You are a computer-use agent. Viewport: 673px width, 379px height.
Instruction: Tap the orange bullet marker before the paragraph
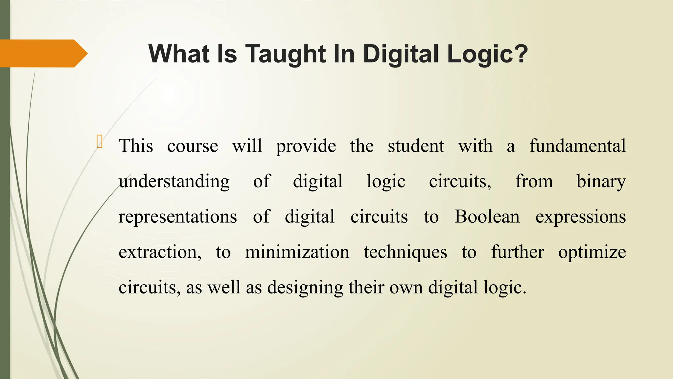[x=100, y=141]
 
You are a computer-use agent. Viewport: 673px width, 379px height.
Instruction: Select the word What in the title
[x=179, y=54]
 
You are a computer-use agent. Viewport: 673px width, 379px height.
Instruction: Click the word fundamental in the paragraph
[x=577, y=146]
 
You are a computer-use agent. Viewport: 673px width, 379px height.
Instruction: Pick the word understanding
[x=174, y=182]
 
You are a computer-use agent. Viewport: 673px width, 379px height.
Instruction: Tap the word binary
[x=601, y=182]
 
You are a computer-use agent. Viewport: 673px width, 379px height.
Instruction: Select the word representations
[x=177, y=217]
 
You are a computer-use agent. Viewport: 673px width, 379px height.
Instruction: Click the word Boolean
[x=487, y=217]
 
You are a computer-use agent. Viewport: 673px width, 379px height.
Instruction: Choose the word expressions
[x=580, y=217]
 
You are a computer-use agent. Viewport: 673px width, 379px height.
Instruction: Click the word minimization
[x=297, y=252]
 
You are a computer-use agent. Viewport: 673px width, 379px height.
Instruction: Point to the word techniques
[x=405, y=252]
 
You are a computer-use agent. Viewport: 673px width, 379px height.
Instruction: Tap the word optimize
[x=592, y=252]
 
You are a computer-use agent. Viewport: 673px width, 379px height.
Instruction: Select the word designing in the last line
[x=305, y=288]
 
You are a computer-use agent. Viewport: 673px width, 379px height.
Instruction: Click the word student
[x=416, y=146]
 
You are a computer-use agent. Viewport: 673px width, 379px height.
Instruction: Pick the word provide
[x=306, y=146]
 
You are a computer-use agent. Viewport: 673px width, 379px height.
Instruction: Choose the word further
[x=518, y=252]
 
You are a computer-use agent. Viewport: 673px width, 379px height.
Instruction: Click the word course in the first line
[x=193, y=146]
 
